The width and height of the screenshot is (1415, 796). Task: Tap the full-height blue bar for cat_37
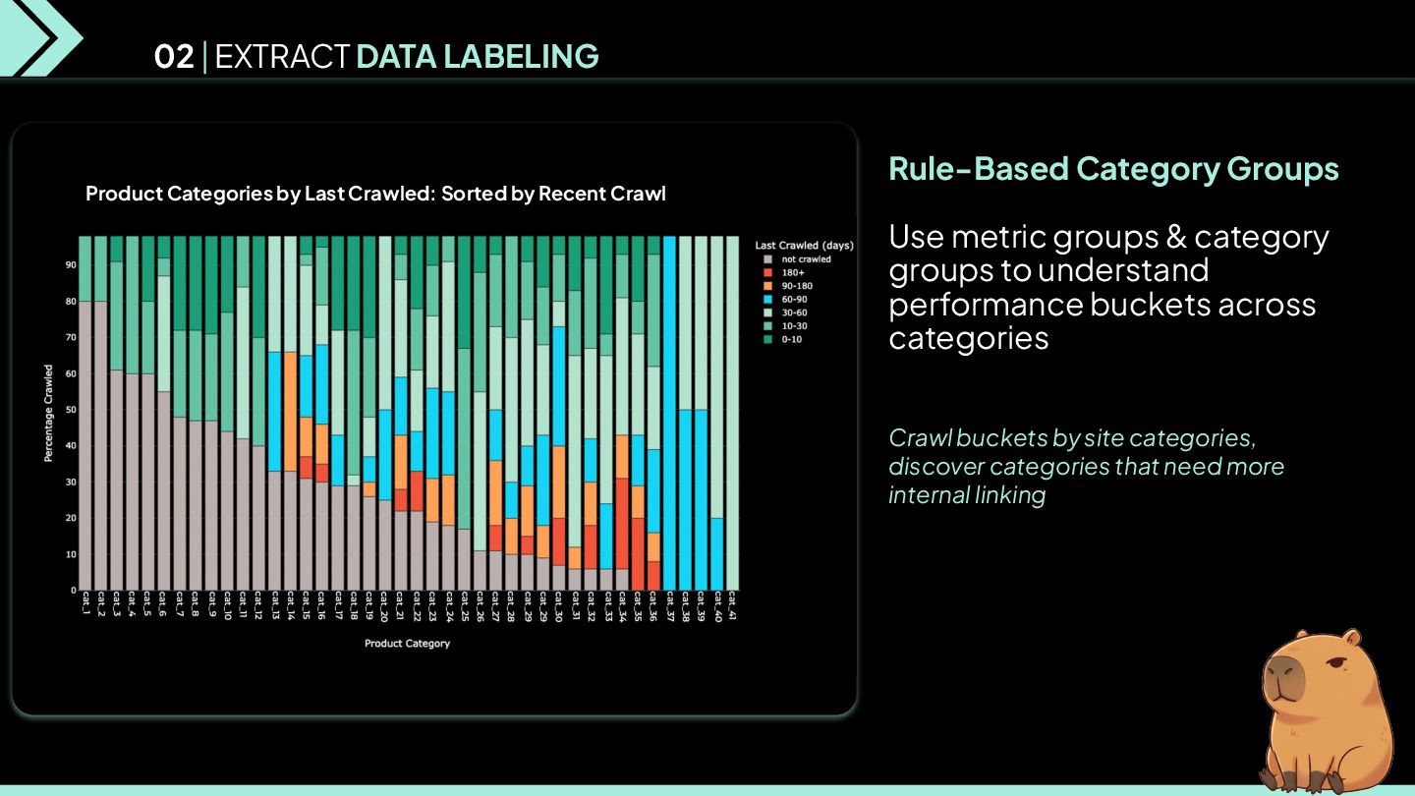click(670, 413)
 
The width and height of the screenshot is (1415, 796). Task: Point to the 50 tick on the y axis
click(72, 410)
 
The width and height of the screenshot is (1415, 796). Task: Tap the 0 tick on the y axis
click(73, 591)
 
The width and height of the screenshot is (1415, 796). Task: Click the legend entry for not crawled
click(806, 259)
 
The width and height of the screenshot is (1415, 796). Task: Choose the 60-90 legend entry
click(797, 300)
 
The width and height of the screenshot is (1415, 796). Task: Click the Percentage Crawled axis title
click(48, 413)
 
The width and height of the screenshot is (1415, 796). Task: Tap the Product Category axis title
click(407, 644)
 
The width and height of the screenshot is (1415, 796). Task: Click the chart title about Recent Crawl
click(375, 194)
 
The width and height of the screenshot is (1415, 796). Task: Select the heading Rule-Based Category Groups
click(1113, 168)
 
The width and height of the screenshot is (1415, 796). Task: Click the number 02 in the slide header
click(174, 57)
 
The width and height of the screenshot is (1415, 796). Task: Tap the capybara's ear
click(1355, 640)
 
